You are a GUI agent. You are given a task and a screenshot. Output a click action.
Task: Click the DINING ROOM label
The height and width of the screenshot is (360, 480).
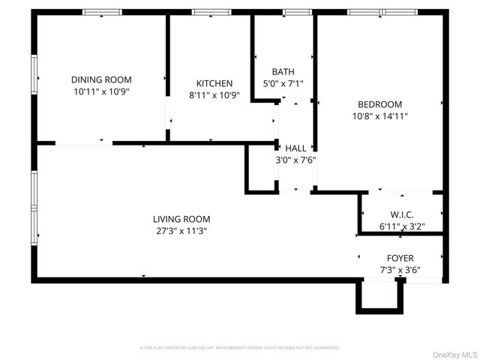[101, 79]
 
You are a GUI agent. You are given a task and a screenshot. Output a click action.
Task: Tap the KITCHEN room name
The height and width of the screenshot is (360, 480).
[214, 83]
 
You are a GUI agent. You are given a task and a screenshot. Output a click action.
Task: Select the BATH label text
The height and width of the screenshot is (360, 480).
[283, 72]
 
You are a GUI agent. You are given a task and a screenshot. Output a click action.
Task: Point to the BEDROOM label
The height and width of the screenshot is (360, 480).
[379, 104]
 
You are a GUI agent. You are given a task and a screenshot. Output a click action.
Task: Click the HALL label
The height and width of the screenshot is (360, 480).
[295, 148]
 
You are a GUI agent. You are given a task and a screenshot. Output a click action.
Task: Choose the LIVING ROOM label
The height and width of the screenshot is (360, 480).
[180, 219]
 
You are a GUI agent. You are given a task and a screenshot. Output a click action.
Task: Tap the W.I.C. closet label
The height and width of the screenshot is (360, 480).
[402, 214]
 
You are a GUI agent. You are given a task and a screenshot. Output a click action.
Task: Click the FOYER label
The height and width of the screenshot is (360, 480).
[400, 258]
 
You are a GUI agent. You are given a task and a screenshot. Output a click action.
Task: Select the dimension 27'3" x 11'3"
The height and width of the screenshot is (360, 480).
[180, 231]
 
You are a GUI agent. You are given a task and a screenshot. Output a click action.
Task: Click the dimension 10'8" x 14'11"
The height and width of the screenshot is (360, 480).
[379, 116]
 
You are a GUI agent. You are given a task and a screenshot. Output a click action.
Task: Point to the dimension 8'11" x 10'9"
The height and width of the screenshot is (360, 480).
[214, 95]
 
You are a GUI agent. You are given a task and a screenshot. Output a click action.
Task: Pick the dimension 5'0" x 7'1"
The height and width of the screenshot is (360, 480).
[283, 84]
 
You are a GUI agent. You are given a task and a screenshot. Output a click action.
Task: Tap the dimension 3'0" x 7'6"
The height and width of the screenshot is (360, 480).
[295, 160]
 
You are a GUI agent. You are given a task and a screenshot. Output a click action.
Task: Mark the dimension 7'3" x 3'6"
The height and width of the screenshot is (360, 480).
[400, 270]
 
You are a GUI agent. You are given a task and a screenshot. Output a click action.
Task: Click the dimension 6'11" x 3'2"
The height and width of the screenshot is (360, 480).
[402, 226]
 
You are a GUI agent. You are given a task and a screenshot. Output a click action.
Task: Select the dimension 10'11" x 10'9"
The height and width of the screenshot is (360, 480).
[101, 91]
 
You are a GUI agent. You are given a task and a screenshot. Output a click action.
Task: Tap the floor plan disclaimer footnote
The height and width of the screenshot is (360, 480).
[240, 348]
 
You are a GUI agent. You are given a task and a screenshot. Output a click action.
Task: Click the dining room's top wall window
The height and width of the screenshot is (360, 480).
[102, 12]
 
